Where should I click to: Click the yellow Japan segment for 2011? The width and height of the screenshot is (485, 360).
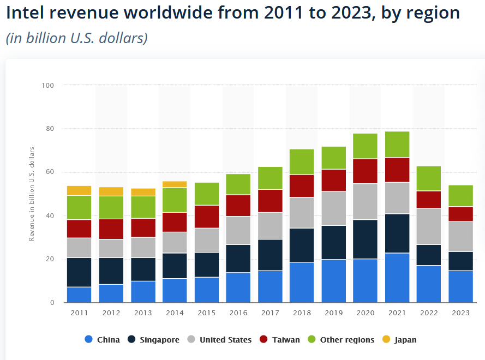point(79,190)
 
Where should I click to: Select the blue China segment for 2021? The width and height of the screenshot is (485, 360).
point(397,278)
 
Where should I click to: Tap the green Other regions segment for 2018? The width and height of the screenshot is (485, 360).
point(302,161)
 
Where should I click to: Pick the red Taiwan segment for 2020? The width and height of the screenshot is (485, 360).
point(366,171)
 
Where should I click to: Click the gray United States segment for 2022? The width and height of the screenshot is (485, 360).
point(428,226)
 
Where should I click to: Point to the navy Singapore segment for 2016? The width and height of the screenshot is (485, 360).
point(238,259)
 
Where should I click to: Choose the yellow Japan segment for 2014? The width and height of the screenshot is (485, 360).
point(174,184)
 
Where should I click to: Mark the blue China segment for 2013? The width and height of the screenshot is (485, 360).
point(142,292)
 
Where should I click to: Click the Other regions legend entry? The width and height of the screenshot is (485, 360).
point(341,340)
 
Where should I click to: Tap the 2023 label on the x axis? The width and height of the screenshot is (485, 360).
point(460,313)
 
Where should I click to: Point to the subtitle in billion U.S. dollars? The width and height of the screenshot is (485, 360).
point(77,39)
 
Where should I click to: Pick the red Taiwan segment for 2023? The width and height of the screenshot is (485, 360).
point(460,214)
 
